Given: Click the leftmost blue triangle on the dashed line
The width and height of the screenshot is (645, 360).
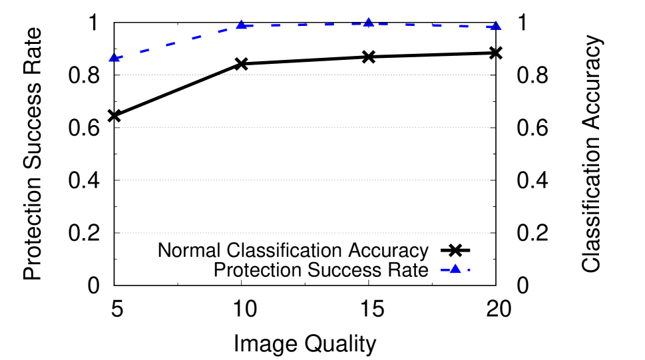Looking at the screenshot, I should (114, 59).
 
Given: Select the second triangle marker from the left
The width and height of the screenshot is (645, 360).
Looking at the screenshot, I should (241, 25).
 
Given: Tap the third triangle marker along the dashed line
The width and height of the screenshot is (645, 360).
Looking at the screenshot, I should (368, 23).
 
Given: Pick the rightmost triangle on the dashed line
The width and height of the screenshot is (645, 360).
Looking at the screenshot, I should (495, 26).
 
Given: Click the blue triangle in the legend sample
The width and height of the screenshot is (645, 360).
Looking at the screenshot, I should (455, 270).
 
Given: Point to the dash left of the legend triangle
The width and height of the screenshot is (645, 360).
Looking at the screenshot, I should (444, 270).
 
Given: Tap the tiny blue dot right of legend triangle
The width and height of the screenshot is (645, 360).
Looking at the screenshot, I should (469, 270).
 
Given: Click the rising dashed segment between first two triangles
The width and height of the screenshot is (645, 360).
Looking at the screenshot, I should (171, 44).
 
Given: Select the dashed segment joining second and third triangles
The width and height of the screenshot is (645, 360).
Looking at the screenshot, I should (302, 25).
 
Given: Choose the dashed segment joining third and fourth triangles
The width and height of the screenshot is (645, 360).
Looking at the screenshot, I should (437, 25).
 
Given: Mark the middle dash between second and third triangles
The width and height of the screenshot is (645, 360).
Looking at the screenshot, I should (302, 25).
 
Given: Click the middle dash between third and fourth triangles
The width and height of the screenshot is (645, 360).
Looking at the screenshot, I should (437, 25).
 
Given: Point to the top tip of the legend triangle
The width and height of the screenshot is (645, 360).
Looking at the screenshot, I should (455, 264).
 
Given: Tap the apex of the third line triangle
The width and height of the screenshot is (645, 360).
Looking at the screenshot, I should (368, 17).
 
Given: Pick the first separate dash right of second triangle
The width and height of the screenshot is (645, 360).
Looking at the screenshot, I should (276, 25).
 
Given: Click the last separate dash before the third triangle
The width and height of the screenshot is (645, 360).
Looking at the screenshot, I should (329, 25).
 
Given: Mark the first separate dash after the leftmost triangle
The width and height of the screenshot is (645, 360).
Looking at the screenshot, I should (144, 51).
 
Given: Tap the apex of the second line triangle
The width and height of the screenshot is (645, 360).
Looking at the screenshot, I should (241, 20).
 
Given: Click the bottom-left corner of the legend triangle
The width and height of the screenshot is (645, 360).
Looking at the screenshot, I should (450, 273).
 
